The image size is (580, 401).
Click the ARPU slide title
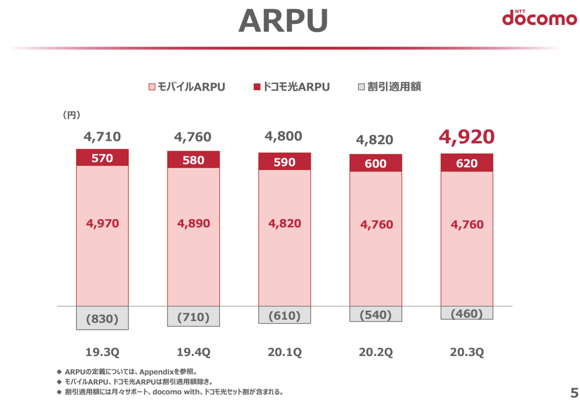click(283, 21)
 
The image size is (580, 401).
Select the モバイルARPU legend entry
click(187, 87)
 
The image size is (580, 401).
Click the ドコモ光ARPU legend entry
click(291, 87)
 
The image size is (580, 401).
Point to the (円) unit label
click(71, 115)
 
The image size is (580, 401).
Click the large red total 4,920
click(467, 137)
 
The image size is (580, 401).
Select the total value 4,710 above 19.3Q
click(102, 137)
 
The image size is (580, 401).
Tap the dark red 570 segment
click(102, 158)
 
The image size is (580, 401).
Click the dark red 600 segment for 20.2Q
click(376, 163)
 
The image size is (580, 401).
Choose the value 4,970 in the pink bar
click(102, 223)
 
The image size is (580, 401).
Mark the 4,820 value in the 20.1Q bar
click(285, 224)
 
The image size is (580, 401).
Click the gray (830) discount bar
click(102, 318)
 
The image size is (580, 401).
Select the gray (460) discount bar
click(467, 313)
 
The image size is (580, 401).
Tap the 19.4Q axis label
click(193, 352)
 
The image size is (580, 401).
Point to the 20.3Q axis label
click(467, 352)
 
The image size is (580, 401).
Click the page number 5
click(574, 392)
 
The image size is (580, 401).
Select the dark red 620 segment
click(467, 163)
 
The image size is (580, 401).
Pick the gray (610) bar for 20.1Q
click(285, 315)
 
